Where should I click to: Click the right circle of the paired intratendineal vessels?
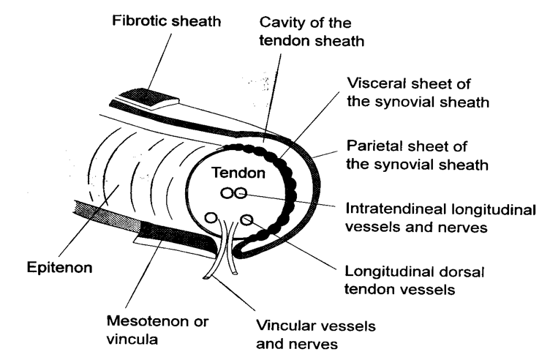[x=240, y=194]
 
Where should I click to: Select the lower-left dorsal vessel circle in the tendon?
[x=211, y=217]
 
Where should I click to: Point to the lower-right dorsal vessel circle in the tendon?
[x=246, y=219]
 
